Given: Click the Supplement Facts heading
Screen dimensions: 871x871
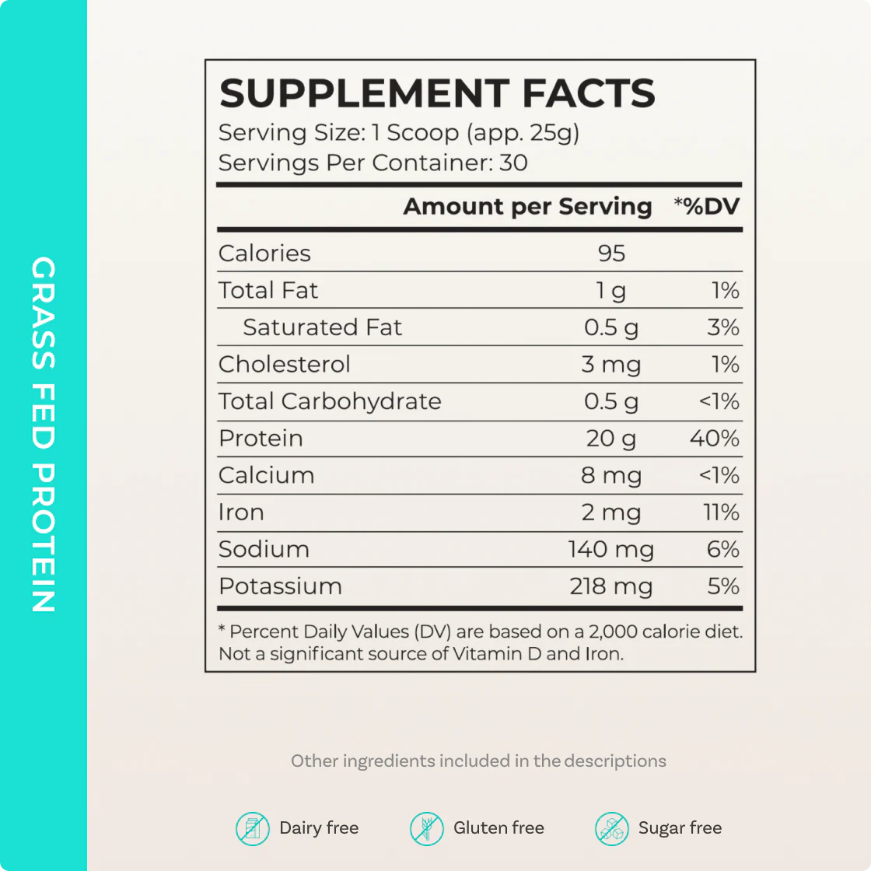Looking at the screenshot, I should coord(437,93).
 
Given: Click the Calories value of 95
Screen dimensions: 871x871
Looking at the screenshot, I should coord(611,254).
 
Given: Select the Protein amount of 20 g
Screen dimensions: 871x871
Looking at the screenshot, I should coord(611,439).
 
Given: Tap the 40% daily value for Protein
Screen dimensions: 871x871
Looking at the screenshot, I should coord(714,439).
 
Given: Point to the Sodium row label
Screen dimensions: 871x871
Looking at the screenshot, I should coord(264,550).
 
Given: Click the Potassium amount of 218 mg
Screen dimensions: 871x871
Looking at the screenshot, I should coord(611,586).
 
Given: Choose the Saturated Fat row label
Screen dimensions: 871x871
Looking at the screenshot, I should coord(322,327).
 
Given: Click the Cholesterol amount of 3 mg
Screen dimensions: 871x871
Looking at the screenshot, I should coord(611,365).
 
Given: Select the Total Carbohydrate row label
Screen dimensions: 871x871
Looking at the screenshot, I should coord(330,401).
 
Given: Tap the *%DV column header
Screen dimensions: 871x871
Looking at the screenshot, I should coord(706,207).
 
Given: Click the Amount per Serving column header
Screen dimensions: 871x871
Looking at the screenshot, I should coord(527,207).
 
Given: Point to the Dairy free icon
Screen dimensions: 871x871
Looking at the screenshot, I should coord(252,829).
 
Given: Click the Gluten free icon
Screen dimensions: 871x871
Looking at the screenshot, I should coord(426,829).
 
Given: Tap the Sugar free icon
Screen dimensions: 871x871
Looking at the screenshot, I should coord(611,829).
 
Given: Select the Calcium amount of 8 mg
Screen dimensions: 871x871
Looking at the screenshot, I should coord(611,476).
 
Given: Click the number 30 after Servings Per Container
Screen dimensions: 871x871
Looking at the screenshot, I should coord(513,163).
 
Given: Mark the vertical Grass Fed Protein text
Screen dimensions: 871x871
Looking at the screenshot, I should coord(44,435).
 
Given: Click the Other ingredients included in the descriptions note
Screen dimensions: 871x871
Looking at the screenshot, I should coord(478,761).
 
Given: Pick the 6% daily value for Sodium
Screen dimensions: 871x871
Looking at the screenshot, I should coord(722,550).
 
